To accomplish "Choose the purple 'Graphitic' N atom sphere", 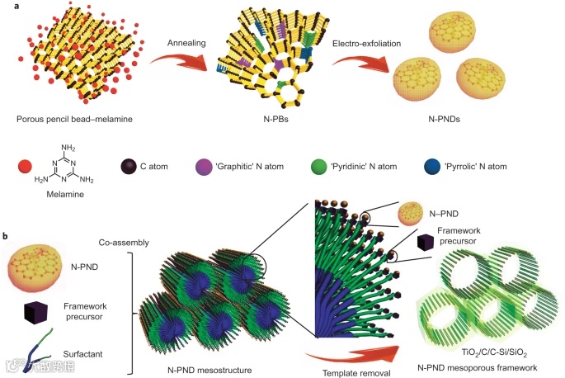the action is (255, 166).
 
